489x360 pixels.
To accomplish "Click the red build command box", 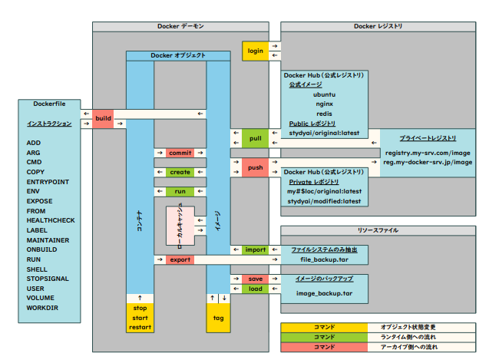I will tap(102, 118).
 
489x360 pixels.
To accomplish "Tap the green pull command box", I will tap(255, 139).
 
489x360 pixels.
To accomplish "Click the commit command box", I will tap(180, 153).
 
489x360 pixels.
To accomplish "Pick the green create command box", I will tap(180, 172).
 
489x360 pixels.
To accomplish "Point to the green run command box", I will tap(180, 190).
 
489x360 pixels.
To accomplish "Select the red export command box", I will tap(180, 260).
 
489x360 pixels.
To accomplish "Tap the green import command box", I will tap(255, 250).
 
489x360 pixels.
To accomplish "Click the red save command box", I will tap(255, 279).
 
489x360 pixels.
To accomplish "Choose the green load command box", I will tap(255, 289).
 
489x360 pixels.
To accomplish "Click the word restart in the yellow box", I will tap(140, 327).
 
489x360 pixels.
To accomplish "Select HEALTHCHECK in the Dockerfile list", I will tap(51, 221).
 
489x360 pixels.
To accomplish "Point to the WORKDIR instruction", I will tap(42, 309).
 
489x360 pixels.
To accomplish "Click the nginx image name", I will tap(324, 104).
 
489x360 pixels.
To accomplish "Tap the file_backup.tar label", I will tap(324, 261).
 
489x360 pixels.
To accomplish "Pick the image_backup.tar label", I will tap(324, 293).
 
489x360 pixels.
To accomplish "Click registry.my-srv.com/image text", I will tap(428, 152).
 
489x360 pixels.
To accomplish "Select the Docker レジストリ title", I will tap(378, 27).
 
